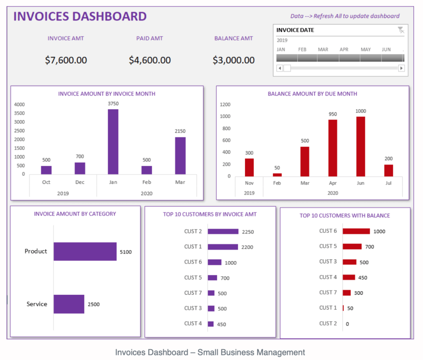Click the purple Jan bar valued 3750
tap(113, 141)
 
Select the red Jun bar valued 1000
tap(361, 146)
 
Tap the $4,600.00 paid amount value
tap(150, 61)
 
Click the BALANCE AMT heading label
tap(233, 38)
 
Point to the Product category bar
tap(85, 251)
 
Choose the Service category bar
tap(69, 304)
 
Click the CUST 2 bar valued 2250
tap(223, 232)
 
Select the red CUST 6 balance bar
tap(356, 231)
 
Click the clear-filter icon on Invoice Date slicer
tap(401, 30)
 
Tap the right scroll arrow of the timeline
tap(402, 68)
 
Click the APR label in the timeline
tap(344, 49)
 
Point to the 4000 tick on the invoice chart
tap(19, 104)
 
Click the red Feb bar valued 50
tap(277, 174)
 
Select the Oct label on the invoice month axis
tap(46, 182)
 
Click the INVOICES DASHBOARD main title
tap(80, 16)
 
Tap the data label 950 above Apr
tap(333, 114)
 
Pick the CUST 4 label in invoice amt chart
tap(193, 323)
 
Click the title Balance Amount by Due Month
tap(312, 94)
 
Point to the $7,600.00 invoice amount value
tap(66, 61)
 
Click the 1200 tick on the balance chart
tap(225, 104)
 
